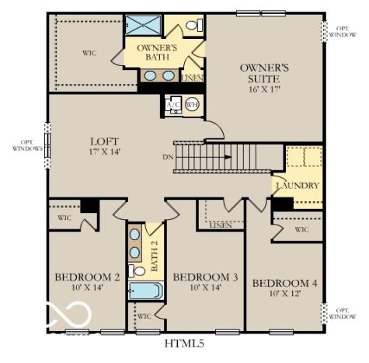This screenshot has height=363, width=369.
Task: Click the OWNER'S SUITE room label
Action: (x=264, y=74)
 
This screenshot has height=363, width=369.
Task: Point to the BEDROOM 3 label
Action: (x=205, y=277)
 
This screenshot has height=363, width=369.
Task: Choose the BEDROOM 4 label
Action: (x=285, y=282)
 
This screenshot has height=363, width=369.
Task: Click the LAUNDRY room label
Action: (x=296, y=186)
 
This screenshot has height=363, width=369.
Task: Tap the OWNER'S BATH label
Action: (x=158, y=53)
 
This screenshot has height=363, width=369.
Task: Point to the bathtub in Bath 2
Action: (x=145, y=291)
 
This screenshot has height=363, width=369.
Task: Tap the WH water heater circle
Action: (x=191, y=105)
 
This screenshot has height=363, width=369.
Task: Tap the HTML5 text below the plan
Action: (x=185, y=343)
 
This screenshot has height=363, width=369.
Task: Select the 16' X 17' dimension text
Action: (x=264, y=89)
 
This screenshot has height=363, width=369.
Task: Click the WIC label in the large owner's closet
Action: (x=89, y=53)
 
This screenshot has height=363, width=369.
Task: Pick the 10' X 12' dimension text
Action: (x=285, y=293)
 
